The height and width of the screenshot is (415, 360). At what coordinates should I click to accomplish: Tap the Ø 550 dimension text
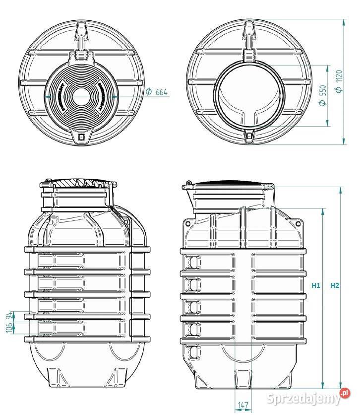coord(323,95)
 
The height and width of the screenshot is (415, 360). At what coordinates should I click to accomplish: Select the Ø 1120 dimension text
coord(339,82)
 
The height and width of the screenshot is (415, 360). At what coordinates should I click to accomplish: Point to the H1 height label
coord(316,285)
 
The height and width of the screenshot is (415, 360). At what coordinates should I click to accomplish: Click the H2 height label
coord(335,285)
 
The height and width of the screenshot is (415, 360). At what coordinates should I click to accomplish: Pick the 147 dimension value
coord(243,406)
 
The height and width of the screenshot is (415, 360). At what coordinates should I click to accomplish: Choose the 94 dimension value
coord(9,316)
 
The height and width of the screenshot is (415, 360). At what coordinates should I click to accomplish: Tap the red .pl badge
coord(345,394)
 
